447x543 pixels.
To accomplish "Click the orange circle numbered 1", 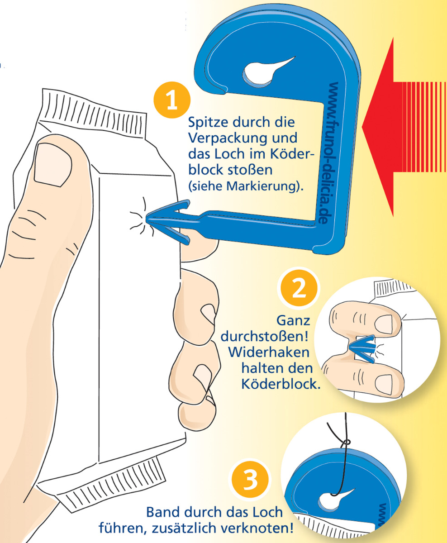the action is point(172,100).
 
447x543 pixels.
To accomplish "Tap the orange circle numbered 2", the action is point(299,288).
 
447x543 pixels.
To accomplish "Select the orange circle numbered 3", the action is point(250,480).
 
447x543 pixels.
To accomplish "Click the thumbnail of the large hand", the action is point(53,165).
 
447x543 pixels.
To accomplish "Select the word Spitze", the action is point(207,123).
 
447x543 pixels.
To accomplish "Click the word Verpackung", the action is point(229,139).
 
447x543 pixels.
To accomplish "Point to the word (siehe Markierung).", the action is point(246,186).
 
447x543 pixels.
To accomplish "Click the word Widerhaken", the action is point(269,352).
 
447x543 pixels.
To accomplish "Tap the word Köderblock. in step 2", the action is point(281,384).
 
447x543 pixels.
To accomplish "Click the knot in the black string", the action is point(346,442).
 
